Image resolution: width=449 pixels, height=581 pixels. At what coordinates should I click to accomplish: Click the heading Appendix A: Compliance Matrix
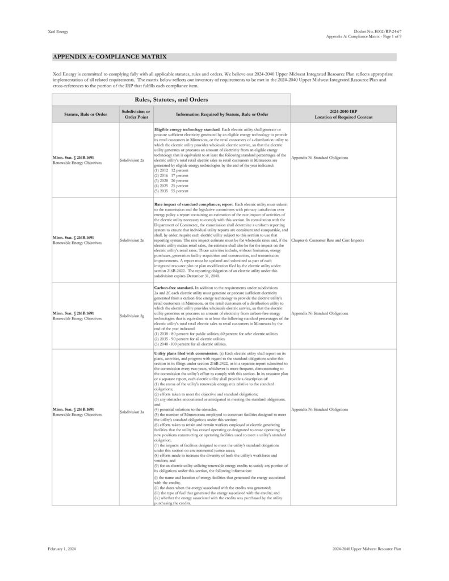click(109, 57)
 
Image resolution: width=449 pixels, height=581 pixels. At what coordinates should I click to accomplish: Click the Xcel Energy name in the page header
click(58, 32)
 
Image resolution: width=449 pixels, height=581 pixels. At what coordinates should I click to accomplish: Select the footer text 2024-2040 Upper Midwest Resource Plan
click(367, 549)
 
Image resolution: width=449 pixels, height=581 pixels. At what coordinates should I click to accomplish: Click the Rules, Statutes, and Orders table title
click(171, 99)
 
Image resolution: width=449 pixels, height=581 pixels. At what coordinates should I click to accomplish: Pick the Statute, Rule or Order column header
click(86, 114)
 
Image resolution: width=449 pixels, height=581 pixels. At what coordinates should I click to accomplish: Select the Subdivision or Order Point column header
click(136, 114)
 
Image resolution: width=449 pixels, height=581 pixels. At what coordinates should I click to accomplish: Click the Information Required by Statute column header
click(222, 114)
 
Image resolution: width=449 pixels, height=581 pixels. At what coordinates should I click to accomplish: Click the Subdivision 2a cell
click(132, 161)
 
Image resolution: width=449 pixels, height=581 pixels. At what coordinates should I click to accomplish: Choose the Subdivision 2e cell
click(132, 240)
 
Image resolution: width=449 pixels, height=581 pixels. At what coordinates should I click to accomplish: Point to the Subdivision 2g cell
click(132, 313)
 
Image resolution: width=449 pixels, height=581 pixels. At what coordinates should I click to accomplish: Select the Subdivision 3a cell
click(132, 409)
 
